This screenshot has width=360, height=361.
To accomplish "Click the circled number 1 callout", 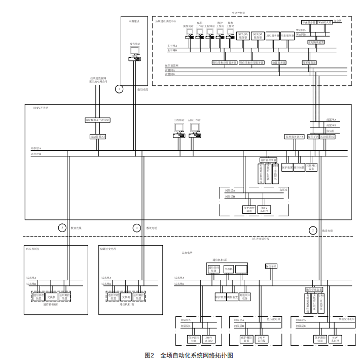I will coord(120,89).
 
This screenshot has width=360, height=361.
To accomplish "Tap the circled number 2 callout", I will coord(313,229).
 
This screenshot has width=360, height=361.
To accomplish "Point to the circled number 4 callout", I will coord(136,228).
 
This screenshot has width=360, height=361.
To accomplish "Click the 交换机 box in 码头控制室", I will coord(51,296).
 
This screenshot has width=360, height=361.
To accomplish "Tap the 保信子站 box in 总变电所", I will coord(270,266).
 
